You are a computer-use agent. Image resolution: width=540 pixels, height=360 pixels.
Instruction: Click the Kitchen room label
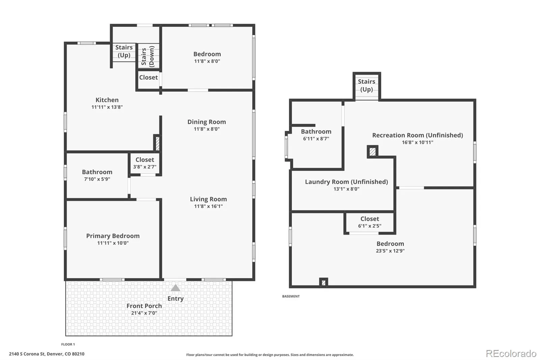click(107, 100)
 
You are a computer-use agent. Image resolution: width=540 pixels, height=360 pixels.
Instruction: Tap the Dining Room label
click(207, 122)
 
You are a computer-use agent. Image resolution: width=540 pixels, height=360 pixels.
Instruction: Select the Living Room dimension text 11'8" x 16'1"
click(209, 206)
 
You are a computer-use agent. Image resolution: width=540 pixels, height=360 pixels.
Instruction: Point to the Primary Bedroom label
click(113, 236)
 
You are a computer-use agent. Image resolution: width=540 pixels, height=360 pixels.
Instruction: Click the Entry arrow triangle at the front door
click(175, 288)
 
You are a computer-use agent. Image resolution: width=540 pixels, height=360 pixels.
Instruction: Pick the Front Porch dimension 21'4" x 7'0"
click(144, 313)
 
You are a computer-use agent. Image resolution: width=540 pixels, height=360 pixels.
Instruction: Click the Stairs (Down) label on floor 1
click(147, 56)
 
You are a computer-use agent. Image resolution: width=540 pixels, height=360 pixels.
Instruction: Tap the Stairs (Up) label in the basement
click(367, 85)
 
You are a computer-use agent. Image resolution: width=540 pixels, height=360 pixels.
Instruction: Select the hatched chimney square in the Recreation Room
click(373, 152)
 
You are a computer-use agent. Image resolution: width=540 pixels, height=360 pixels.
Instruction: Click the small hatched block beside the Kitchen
click(157, 144)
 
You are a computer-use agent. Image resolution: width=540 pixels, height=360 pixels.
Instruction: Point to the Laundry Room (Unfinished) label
click(346, 182)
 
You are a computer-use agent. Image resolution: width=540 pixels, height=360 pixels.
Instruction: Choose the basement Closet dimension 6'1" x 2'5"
click(370, 226)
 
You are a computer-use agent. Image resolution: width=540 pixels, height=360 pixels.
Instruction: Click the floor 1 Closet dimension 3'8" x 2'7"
click(145, 167)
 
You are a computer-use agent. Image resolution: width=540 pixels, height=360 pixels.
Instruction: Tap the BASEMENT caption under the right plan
click(291, 296)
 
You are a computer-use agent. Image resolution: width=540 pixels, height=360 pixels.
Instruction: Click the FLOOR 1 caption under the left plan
click(68, 344)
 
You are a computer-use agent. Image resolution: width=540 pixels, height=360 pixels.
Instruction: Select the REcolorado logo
click(511, 354)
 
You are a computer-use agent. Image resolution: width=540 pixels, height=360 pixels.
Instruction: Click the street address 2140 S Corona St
click(27, 354)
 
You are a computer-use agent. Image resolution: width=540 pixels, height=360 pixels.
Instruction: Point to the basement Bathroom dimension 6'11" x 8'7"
click(316, 139)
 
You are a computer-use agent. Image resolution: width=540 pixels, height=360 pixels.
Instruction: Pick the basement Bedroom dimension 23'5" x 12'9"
click(390, 251)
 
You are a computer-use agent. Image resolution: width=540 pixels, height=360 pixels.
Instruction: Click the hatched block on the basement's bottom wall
click(324, 282)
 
